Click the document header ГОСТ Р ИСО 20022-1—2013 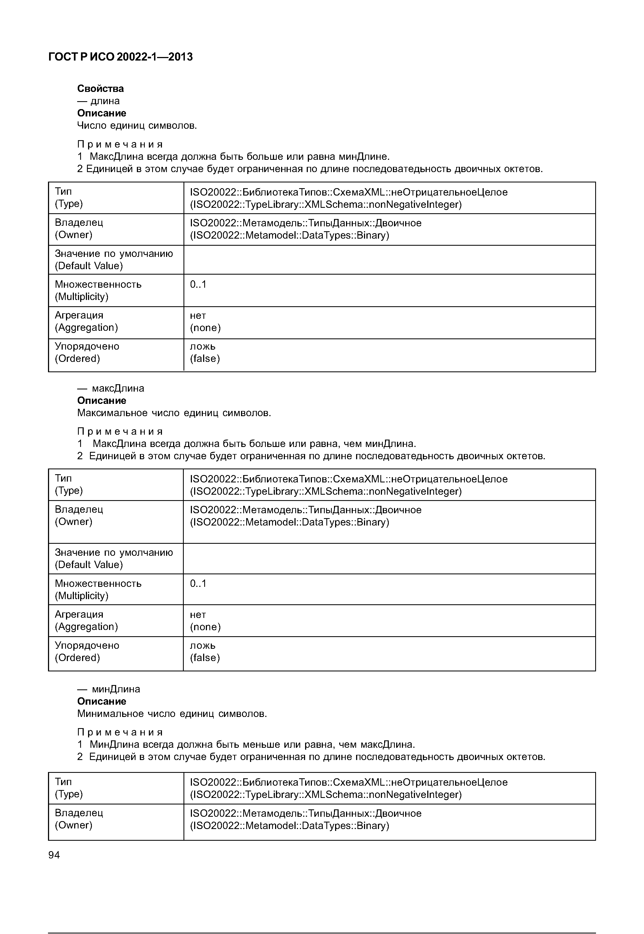[120, 57]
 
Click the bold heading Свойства [101, 88]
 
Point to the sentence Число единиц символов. [137, 125]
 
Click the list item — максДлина [111, 388]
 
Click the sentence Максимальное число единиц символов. [174, 413]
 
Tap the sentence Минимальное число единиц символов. [172, 714]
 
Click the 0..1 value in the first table [198, 284]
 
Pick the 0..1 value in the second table [198, 583]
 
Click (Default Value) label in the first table [89, 266]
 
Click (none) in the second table [205, 627]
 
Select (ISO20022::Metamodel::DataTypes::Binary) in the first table [289, 235]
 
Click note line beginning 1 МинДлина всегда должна [246, 744]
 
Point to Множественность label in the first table [98, 284]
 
